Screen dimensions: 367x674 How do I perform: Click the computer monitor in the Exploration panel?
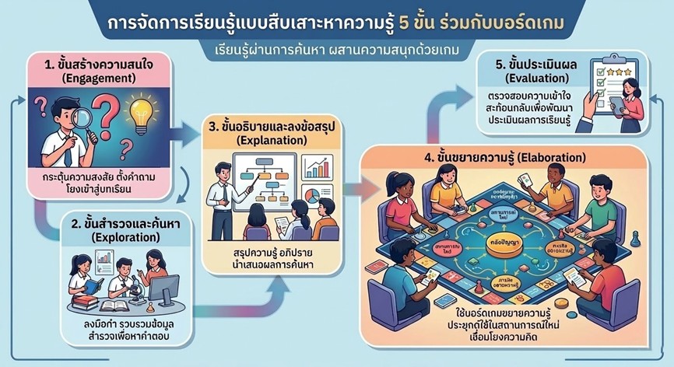(163, 289)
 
